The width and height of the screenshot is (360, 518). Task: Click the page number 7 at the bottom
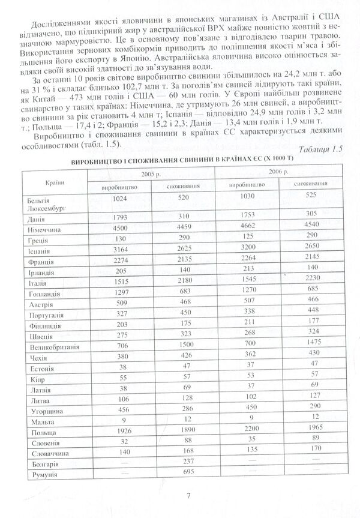coord(188,495)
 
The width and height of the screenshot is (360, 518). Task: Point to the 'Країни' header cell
coord(55,179)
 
